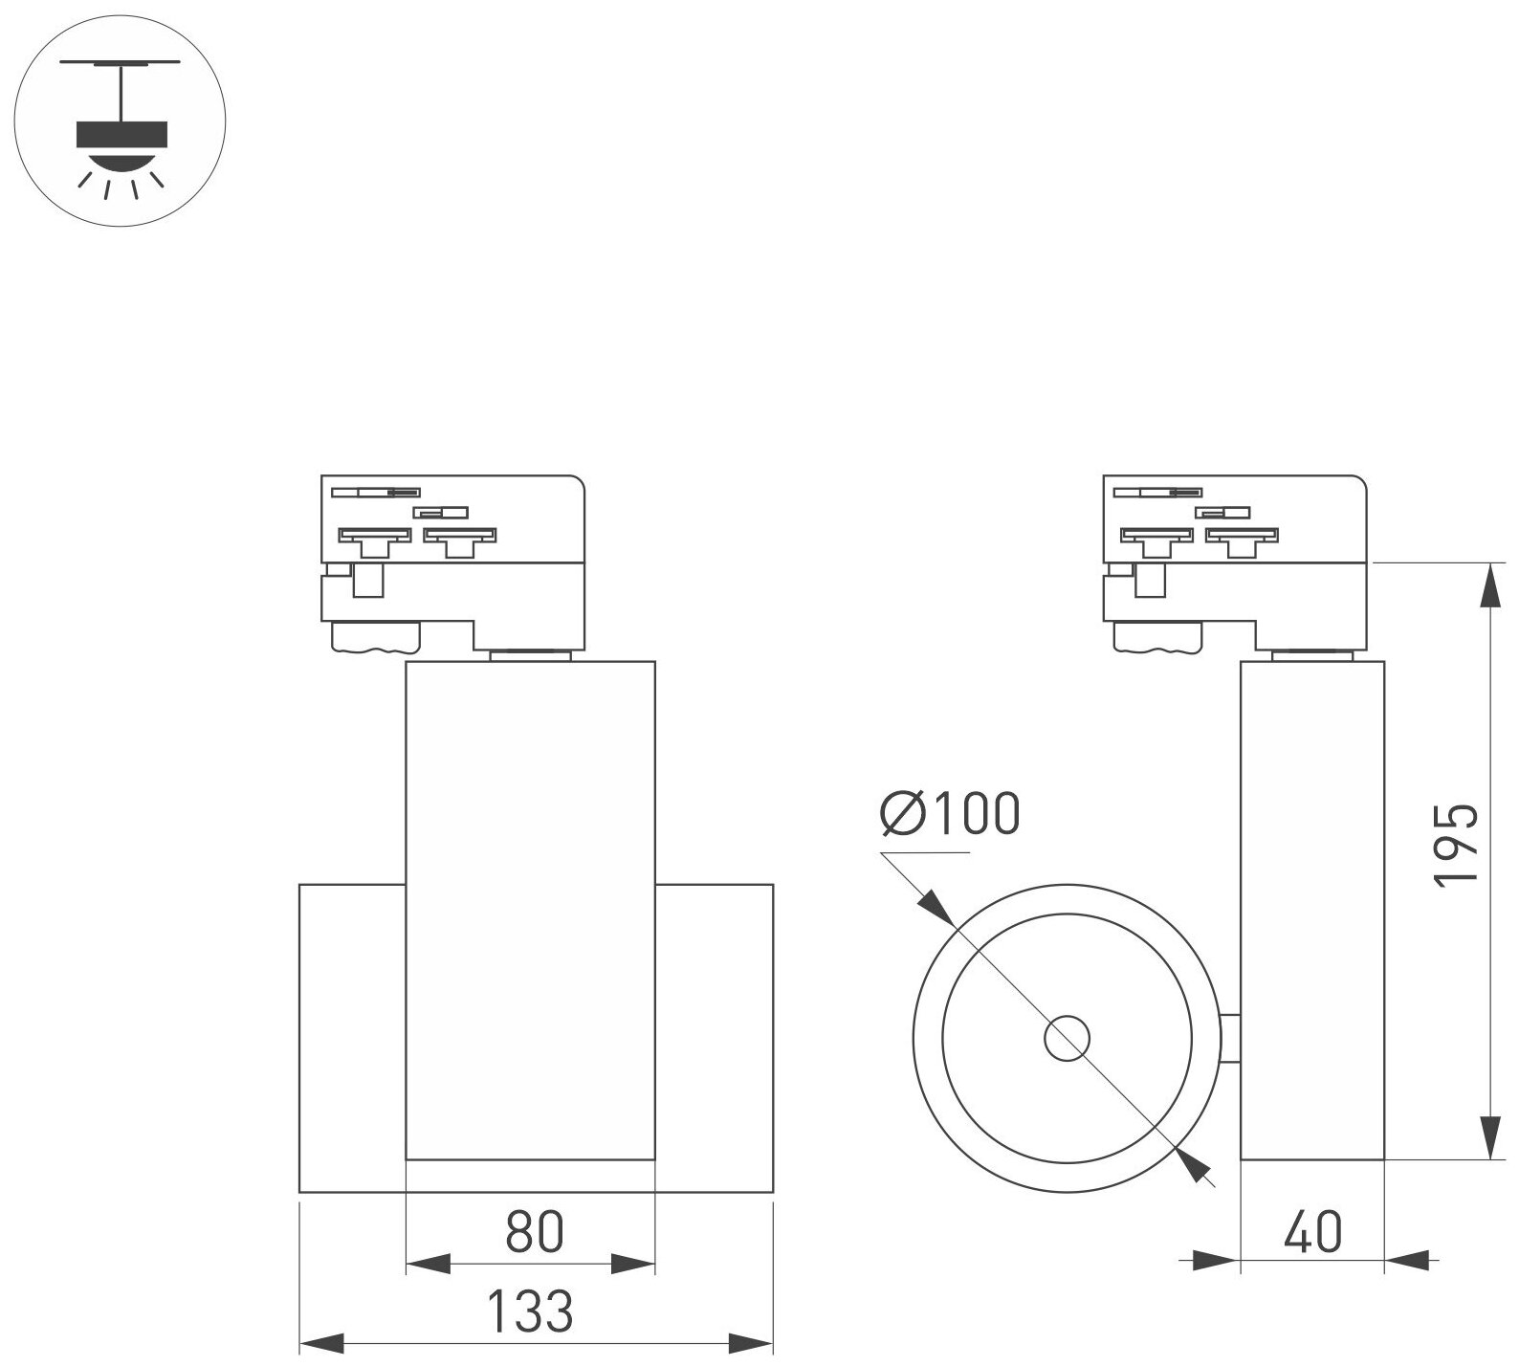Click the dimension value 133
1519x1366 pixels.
532,1311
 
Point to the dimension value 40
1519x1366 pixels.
1312,1232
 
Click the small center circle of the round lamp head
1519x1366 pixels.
1068,1039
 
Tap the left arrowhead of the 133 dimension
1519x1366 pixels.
321,1341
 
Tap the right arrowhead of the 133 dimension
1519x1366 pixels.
751,1341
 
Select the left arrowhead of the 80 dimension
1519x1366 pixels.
428,1264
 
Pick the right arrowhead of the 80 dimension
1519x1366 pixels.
633,1264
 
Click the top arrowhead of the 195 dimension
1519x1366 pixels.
1490,584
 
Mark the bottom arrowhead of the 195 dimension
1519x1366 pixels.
1490,1137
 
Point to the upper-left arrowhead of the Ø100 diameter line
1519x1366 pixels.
936,908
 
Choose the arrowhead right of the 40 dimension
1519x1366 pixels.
1406,1261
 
